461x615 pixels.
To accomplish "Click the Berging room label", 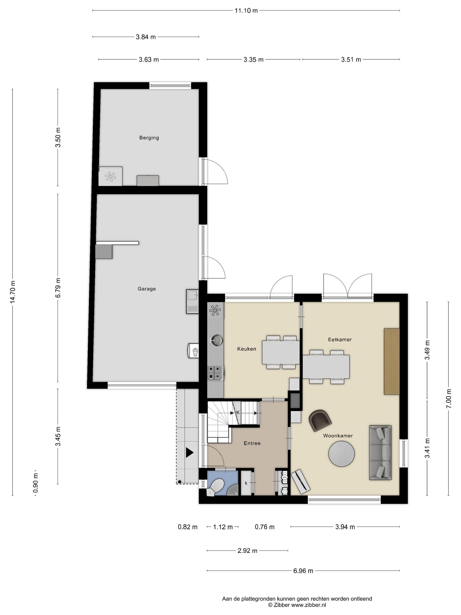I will pos(149,138).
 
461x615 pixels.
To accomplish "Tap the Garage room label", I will pos(147,289).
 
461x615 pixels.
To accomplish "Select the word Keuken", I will pos(247,349).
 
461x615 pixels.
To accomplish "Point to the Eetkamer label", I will pos(340,340).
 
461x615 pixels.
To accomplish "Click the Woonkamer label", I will pos(338,436).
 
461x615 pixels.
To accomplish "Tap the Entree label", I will pos(252,443).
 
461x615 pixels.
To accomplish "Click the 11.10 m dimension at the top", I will pos(246,11).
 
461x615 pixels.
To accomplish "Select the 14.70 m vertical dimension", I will pos(12,292).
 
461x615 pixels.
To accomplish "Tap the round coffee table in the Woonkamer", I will pos(341,454).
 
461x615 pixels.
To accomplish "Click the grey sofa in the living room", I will pos(380,453).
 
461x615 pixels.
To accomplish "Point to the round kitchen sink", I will pos(217,340).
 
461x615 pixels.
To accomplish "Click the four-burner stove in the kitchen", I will pos(215,373).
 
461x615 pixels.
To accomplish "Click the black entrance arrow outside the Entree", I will pos(190,453).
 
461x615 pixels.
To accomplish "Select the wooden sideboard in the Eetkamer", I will pos(392,361).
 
